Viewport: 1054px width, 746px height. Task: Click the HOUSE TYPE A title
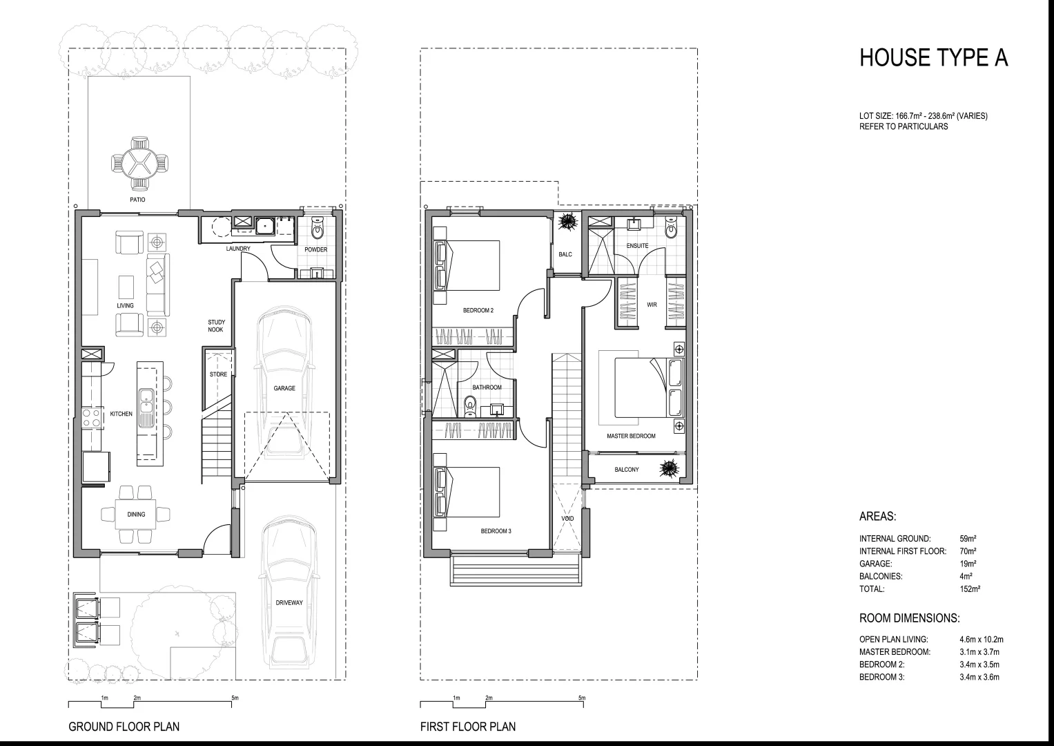point(933,58)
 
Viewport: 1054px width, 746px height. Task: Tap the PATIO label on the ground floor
point(137,200)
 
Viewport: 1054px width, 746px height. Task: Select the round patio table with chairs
point(140,163)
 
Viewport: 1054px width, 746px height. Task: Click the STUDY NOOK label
point(216,325)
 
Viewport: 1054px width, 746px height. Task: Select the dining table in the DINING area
point(136,514)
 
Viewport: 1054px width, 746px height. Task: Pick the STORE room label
point(218,374)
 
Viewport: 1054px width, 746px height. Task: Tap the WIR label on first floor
point(652,305)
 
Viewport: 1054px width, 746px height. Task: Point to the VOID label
point(567,518)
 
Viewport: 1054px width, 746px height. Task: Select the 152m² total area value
point(970,589)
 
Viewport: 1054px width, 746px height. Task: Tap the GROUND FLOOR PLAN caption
point(124,727)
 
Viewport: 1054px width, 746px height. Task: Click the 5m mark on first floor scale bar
point(582,698)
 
